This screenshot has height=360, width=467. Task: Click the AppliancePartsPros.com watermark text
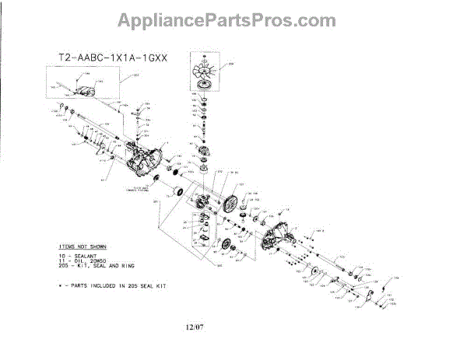tap(233, 19)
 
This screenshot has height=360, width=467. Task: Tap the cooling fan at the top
tap(204, 76)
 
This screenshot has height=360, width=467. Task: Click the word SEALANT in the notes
tap(94, 254)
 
